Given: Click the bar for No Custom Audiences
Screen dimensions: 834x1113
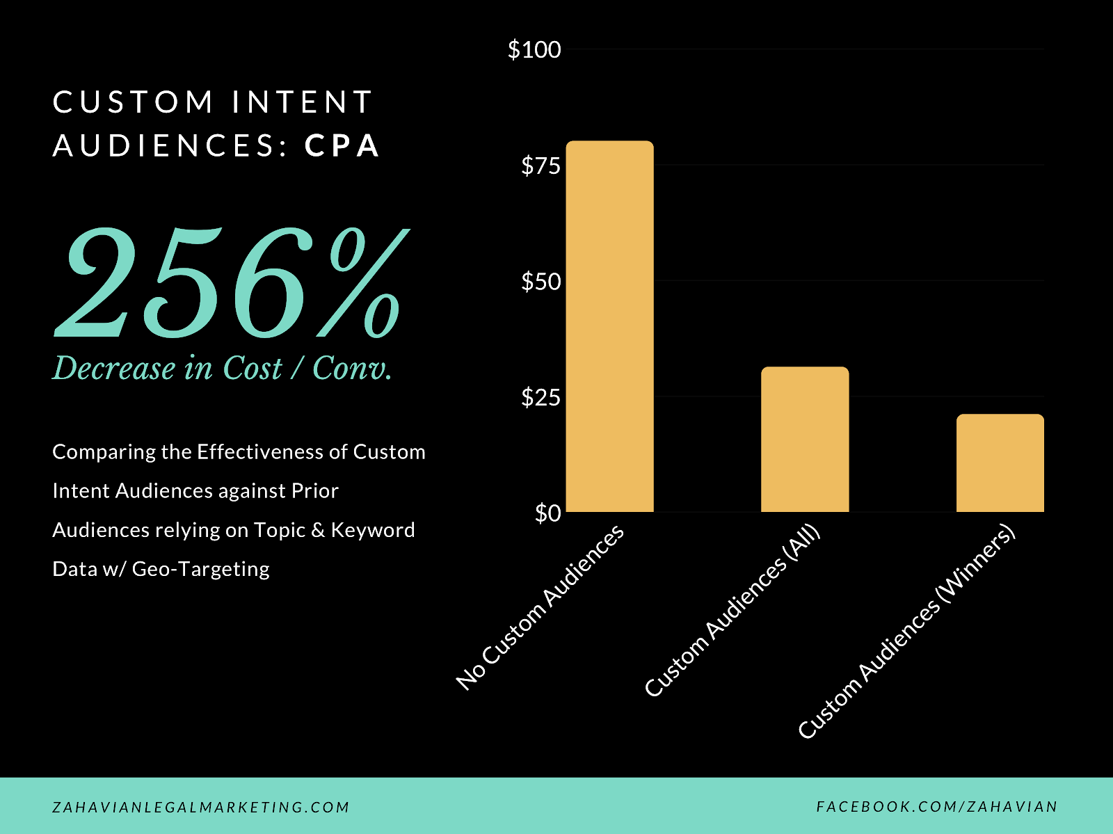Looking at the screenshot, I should pos(609,327).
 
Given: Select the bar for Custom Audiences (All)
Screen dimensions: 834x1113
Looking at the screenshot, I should pos(805,440).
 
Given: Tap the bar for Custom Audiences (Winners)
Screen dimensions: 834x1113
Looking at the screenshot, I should pos(1000,463).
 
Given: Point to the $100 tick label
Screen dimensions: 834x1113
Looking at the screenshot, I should pos(534,49).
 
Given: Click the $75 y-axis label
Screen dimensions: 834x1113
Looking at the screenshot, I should pos(541,166).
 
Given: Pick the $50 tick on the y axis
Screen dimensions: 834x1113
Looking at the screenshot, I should pos(541,282).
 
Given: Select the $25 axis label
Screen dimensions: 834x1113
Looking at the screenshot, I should pos(541,397).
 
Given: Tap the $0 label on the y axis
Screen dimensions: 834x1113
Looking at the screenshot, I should pos(547,513).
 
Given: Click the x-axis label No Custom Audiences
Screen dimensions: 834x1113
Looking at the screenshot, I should pos(541,607).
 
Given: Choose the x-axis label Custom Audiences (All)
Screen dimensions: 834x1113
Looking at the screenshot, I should pos(732,611).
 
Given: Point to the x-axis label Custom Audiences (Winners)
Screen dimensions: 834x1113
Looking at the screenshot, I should pos(906,632).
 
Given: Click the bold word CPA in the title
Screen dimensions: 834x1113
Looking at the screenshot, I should pos(342,146).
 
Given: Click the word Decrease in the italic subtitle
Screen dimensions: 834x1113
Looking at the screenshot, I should pos(114,368).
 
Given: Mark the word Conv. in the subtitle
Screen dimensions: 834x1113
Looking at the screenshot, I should pos(352,368).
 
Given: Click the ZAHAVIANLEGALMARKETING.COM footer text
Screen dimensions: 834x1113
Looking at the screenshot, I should pos(201,808).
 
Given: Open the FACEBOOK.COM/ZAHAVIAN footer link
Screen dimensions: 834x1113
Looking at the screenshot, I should pos(936,807).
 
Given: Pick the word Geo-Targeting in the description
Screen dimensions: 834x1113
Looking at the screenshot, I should pos(200,569).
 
